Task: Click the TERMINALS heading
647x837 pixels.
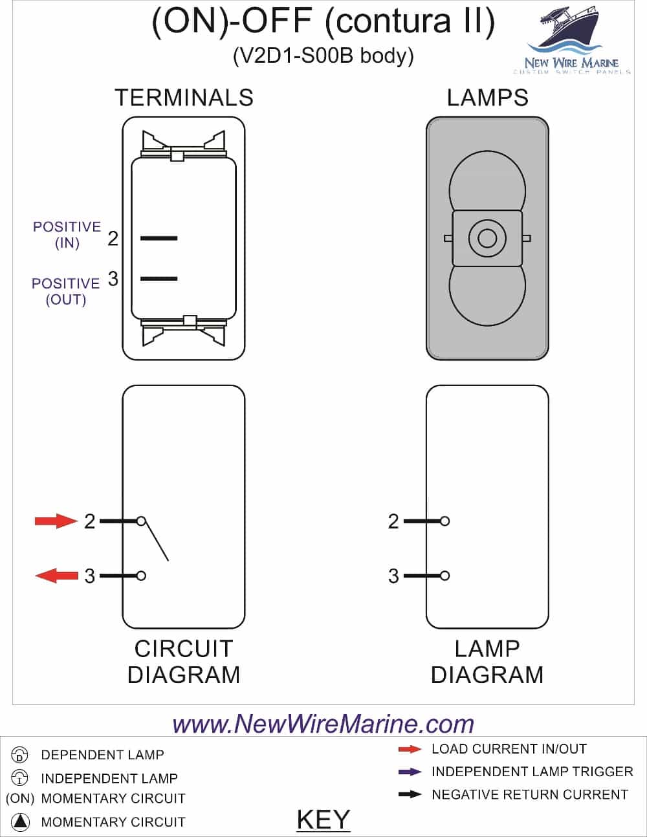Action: tap(184, 98)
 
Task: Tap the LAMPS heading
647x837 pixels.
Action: tap(487, 98)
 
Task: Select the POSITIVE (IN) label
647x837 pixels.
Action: tap(67, 235)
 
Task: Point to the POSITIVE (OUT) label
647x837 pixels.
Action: tap(66, 291)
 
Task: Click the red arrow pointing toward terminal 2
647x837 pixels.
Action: tap(56, 521)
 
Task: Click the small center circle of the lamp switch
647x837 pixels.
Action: tap(487, 238)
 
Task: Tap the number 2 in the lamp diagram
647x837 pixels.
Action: tap(393, 521)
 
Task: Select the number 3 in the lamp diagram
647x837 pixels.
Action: tap(393, 576)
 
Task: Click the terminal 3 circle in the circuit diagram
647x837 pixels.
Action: tap(141, 576)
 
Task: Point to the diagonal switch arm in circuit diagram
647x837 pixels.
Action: tap(155, 541)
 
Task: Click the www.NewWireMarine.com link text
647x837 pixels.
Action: tap(323, 724)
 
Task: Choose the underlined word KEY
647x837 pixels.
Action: tap(323, 820)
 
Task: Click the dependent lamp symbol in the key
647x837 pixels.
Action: tap(20, 755)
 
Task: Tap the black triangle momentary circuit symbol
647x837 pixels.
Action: tap(21, 822)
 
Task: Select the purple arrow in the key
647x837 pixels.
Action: tap(410, 772)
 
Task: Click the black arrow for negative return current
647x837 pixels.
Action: tap(410, 794)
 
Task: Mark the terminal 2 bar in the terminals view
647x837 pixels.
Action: tap(159, 239)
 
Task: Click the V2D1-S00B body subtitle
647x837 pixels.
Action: tap(323, 56)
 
